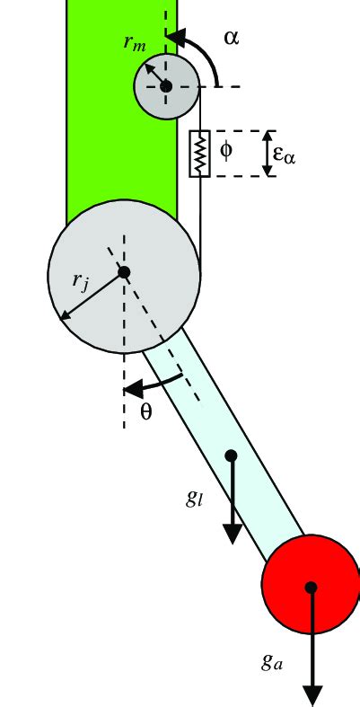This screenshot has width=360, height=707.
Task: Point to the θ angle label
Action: coord(148,414)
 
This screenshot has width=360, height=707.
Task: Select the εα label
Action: coord(285,155)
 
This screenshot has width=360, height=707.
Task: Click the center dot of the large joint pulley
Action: coord(124,271)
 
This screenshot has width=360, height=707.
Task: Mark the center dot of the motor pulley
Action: coord(166,85)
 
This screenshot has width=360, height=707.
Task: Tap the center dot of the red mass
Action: coord(312,587)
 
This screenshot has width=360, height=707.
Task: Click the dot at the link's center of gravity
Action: coord(231,455)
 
